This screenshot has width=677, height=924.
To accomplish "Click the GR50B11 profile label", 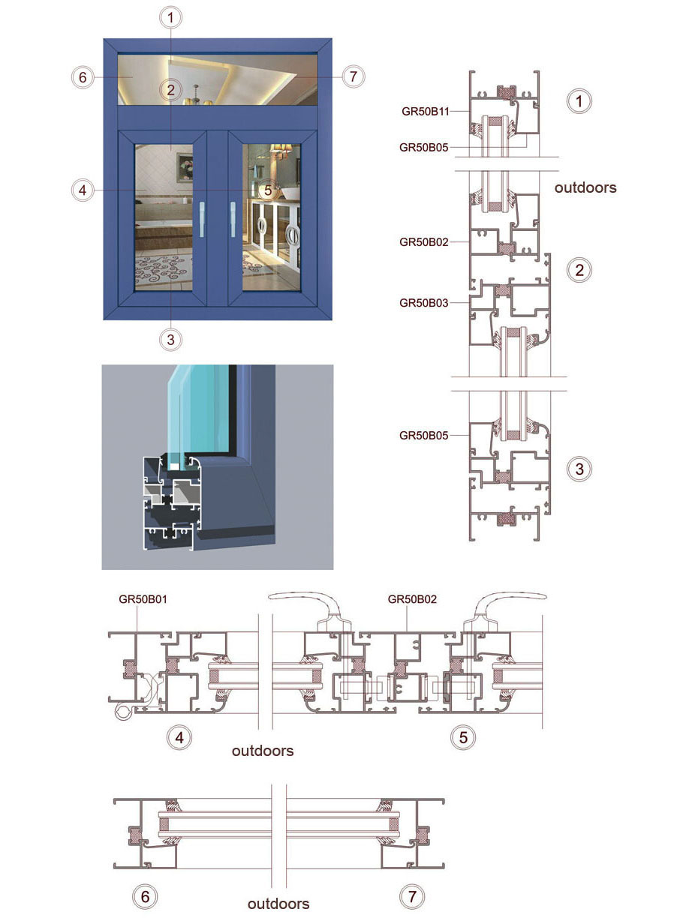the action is [x=425, y=111].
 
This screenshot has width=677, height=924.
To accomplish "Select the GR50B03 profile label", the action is [x=423, y=303].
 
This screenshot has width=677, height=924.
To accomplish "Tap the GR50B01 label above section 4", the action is [x=143, y=599].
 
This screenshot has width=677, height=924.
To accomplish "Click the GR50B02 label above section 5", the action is [x=412, y=599].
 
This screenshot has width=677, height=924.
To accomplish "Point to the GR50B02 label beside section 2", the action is [x=423, y=242].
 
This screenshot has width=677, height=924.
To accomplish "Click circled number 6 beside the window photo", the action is [x=83, y=77].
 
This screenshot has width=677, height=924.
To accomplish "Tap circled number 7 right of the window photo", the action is [x=353, y=76].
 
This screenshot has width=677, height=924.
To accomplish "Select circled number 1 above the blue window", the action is [x=170, y=18].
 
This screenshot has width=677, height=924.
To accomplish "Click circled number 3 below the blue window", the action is [x=170, y=340].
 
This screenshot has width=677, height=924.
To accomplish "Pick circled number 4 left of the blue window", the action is [x=83, y=190].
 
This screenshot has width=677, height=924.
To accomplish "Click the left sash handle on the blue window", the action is [x=202, y=219].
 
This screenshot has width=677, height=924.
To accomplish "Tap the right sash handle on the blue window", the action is [x=233, y=219].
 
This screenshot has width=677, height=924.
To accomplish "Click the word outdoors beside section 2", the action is [x=585, y=187].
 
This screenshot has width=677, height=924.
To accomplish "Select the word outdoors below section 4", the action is [x=263, y=751].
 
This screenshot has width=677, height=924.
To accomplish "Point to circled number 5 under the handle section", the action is [x=463, y=737].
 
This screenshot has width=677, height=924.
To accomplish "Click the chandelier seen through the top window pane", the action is [x=196, y=96].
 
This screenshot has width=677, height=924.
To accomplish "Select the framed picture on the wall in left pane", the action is [x=185, y=167].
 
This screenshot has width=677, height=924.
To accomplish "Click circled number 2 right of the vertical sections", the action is [x=579, y=270].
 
